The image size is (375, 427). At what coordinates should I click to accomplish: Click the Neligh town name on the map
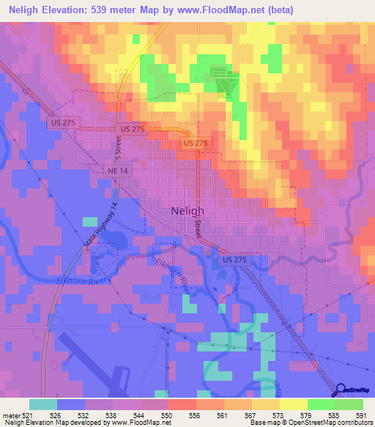[187, 209]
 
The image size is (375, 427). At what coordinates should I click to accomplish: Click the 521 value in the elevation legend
[27, 415]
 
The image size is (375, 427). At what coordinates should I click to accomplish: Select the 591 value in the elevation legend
[360, 415]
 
